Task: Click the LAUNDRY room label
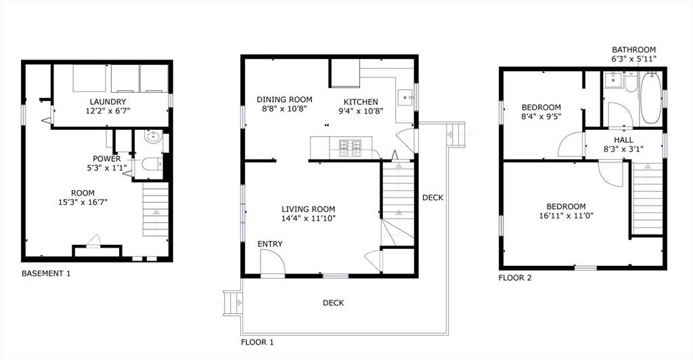pyautogui.click(x=108, y=102)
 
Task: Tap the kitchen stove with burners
pyautogui.click(x=350, y=148)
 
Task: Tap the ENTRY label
pyautogui.click(x=269, y=244)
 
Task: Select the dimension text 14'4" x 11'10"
pyautogui.click(x=309, y=218)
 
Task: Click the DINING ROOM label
pyautogui.click(x=284, y=99)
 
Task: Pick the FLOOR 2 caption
pyautogui.click(x=515, y=278)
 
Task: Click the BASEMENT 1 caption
pyautogui.click(x=46, y=273)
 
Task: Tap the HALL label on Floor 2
pyautogui.click(x=623, y=140)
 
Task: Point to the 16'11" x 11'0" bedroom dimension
pyautogui.click(x=566, y=216)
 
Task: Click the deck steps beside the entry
pyautogui.click(x=233, y=303)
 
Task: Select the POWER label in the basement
pyautogui.click(x=106, y=159)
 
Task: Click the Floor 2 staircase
pyautogui.click(x=648, y=198)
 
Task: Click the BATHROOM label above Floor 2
pyautogui.click(x=633, y=50)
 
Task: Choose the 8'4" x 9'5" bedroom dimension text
pyautogui.click(x=541, y=116)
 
